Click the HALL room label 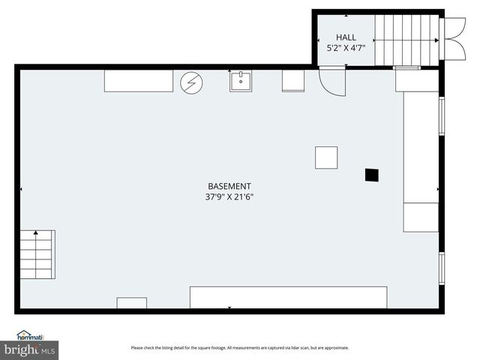346,37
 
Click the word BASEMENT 229,186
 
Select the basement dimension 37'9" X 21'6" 229,197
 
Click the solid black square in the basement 371,175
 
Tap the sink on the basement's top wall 240,80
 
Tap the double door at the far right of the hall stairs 454,38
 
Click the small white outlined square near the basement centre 326,157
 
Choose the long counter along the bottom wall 289,297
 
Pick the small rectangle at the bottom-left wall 132,302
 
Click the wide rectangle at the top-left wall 138,80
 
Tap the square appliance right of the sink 293,80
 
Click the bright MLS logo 30,349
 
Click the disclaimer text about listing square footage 240,347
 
